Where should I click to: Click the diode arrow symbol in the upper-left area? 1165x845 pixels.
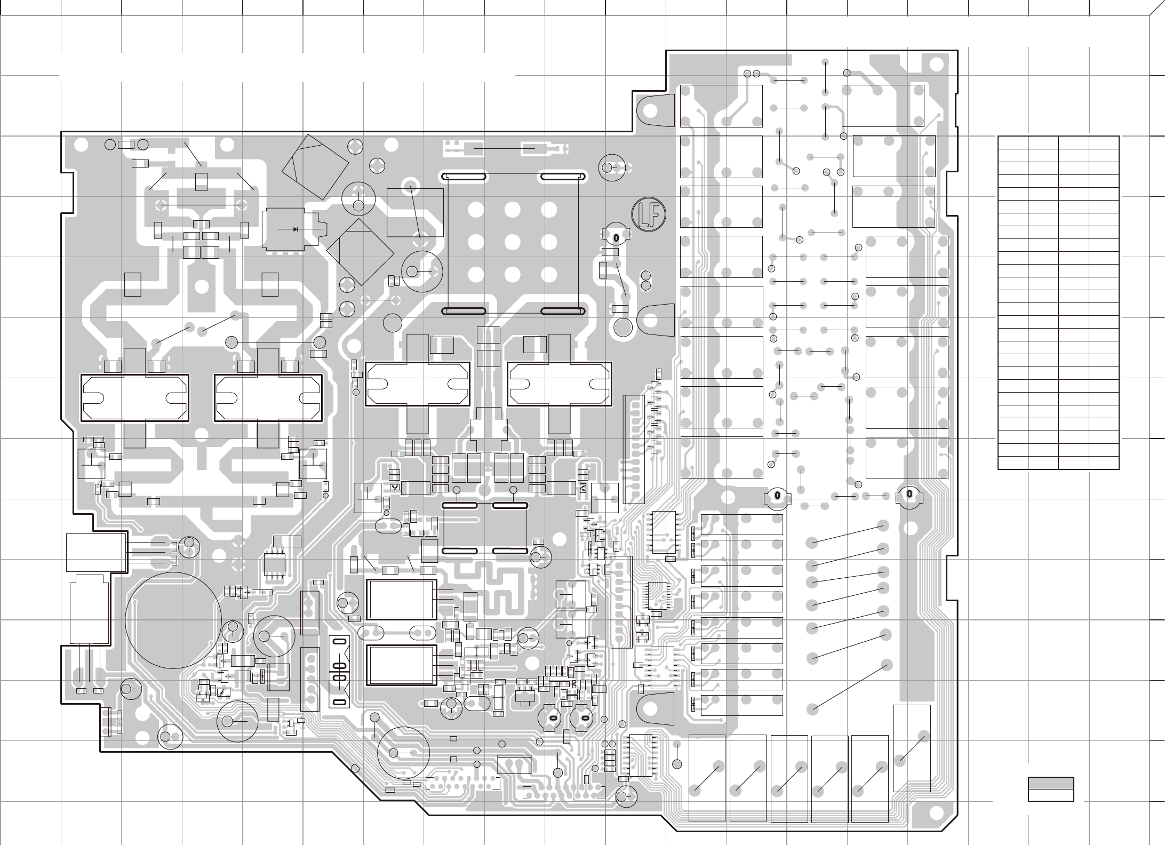[295, 229]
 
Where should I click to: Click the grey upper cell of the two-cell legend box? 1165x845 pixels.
[1051, 783]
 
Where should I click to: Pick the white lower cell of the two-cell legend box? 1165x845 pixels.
[1051, 795]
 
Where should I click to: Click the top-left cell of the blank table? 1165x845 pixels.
[1013, 142]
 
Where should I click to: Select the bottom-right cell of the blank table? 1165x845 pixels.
[1104, 463]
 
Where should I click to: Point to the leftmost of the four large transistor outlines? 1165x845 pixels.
[134, 397]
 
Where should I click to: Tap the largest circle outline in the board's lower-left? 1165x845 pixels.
[173, 620]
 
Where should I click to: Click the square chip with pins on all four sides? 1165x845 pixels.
[657, 595]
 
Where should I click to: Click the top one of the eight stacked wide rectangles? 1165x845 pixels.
[741, 524]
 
